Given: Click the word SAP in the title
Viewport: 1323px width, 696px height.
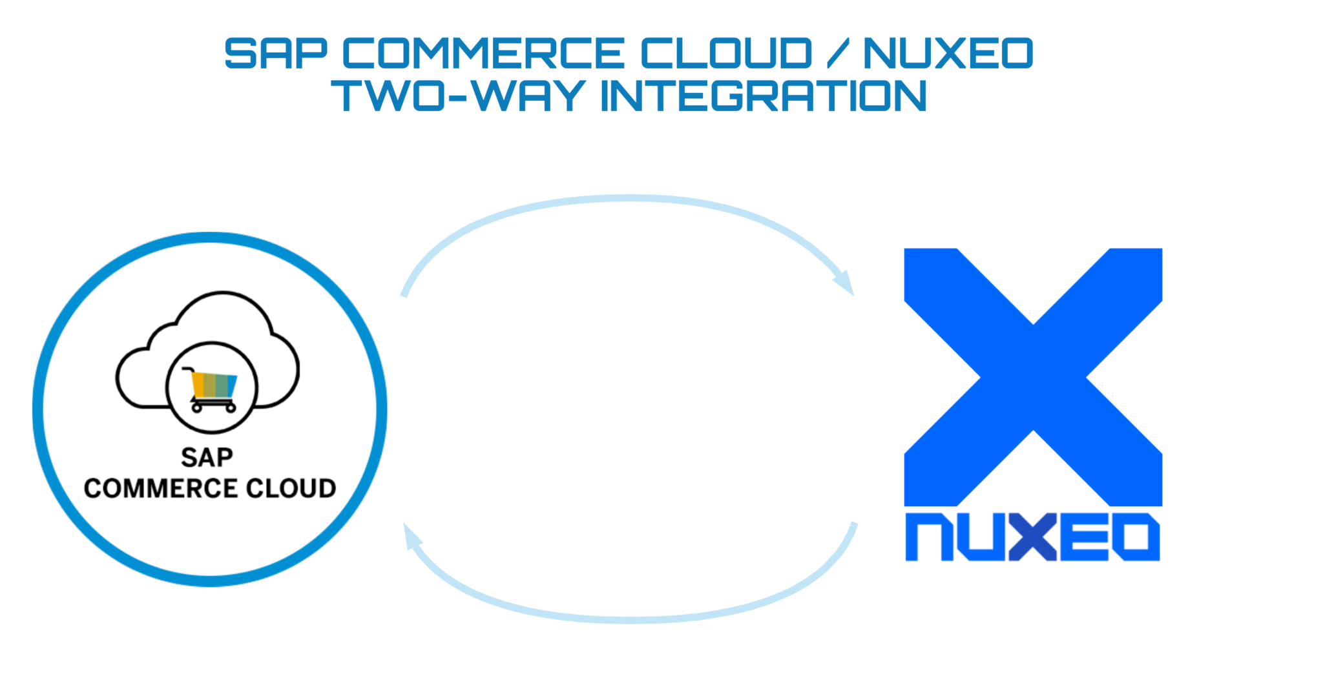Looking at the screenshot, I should [x=276, y=54].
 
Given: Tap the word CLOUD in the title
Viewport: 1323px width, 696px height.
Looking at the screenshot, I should [x=726, y=54].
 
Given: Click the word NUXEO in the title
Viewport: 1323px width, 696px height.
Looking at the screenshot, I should [x=948, y=54].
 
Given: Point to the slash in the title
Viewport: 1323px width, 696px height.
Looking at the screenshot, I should [x=837, y=54].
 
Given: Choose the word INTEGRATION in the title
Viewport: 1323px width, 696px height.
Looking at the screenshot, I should [x=764, y=96].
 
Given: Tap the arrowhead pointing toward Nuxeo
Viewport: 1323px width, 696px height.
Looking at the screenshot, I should [x=844, y=283].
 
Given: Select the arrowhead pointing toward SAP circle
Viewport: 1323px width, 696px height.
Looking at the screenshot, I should [x=411, y=535].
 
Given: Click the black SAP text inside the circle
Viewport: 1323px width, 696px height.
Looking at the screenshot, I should [x=207, y=458].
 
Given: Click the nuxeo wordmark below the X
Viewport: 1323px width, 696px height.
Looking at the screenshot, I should [x=1032, y=537].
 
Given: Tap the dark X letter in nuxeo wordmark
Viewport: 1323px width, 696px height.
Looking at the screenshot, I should [x=1032, y=537].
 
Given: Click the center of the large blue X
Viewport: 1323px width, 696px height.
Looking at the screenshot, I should [x=1033, y=377].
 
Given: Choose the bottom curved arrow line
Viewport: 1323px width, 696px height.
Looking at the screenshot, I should [x=630, y=619].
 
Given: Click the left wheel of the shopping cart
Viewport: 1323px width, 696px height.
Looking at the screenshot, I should [x=197, y=408].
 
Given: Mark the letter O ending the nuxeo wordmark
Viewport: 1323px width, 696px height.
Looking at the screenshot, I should [x=1136, y=537].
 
